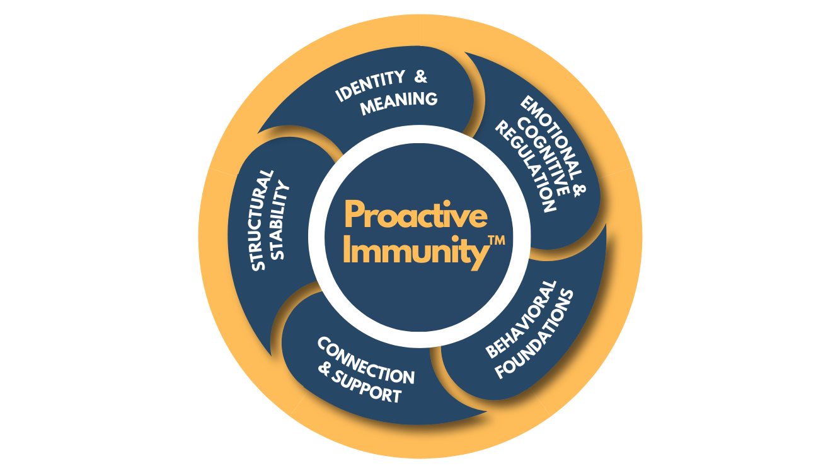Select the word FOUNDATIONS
coord(535,334)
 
